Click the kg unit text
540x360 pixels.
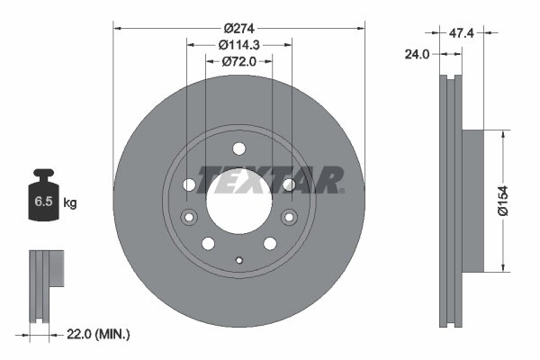69,203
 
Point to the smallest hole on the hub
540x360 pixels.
238,260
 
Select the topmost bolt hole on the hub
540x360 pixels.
238,149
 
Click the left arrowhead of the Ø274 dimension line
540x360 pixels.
118,28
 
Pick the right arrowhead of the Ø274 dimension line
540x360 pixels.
361,28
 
